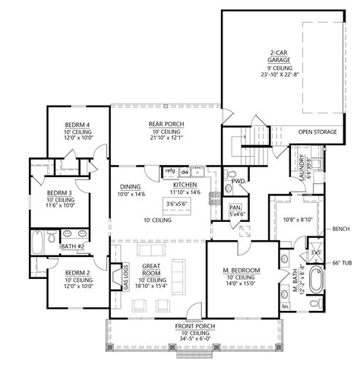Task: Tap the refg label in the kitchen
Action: click(x=170, y=170)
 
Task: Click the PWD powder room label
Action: click(x=238, y=182)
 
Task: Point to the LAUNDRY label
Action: click(x=302, y=167)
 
